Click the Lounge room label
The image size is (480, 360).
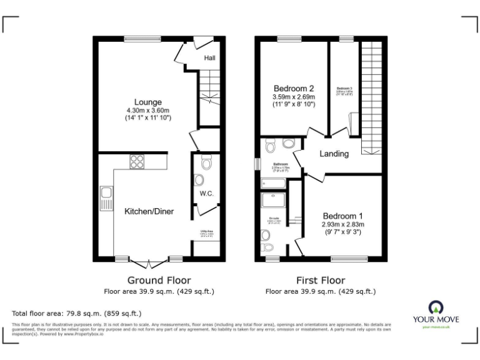tap(148, 102)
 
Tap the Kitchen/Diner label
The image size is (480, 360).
tap(149, 212)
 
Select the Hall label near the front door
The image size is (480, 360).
tap(210, 58)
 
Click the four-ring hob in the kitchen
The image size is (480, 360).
tap(137, 162)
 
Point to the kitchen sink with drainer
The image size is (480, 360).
tap(105, 199)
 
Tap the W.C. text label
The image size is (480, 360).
tap(207, 194)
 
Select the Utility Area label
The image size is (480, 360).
tap(206, 231)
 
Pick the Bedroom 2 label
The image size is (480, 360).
tap(293, 88)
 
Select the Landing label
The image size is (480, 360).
tap(334, 154)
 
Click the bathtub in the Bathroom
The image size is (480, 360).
tap(273, 183)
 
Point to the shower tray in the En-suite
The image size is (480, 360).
tap(273, 201)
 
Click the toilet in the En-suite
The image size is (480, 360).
tap(266, 236)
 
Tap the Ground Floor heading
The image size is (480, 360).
tap(159, 280)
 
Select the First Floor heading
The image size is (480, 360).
tap(320, 280)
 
